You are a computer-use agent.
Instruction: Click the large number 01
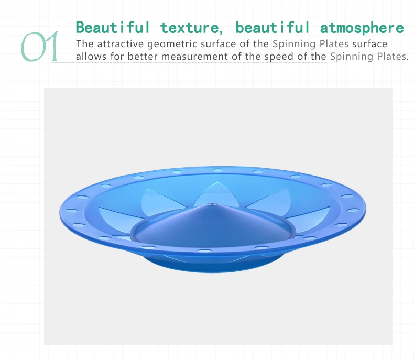pyautogui.click(x=40, y=47)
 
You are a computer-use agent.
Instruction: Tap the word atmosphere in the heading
pyautogui.click(x=362, y=28)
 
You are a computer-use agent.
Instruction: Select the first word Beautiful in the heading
pyautogui.click(x=113, y=27)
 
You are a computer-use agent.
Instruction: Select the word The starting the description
pyautogui.click(x=84, y=44)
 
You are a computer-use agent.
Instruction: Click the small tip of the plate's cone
pyautogui.click(x=212, y=204)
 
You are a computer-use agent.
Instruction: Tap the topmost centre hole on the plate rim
pyautogui.click(x=218, y=170)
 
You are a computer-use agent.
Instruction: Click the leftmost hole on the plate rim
pyautogui.click(x=72, y=211)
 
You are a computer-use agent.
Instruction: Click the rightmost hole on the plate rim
pyautogui.click(x=353, y=210)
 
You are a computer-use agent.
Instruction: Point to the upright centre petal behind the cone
pyautogui.click(x=217, y=193)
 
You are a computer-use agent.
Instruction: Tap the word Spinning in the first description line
pyautogui.click(x=294, y=44)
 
